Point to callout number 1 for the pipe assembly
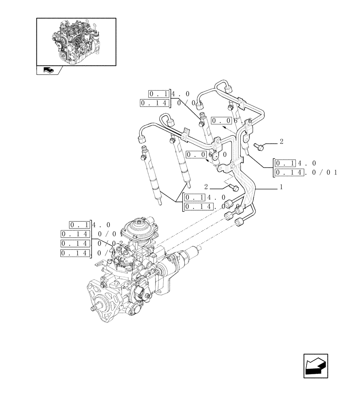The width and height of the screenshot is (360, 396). (x=281, y=187)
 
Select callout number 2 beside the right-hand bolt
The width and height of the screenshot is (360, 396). (x=281, y=141)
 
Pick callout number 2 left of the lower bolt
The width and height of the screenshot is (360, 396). (x=207, y=186)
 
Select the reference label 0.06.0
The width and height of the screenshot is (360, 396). (x=206, y=155)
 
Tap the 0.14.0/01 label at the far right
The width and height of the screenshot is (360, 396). (x=305, y=172)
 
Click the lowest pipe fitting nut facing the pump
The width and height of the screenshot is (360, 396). (x=239, y=223)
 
